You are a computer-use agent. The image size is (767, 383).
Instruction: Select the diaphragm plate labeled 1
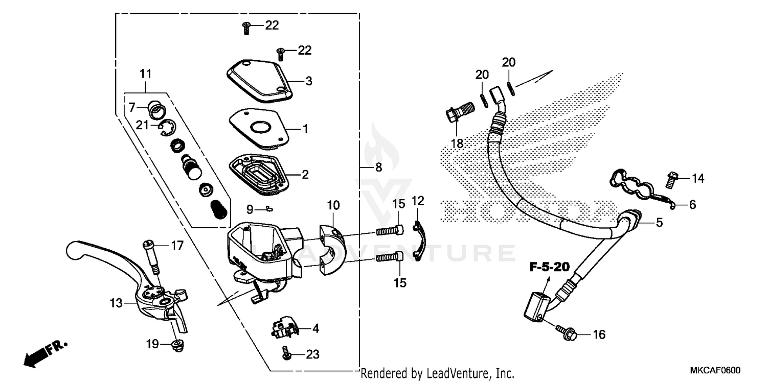(256, 127)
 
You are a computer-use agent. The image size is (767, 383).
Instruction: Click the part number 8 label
(378, 167)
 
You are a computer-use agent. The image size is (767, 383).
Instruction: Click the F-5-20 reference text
(550, 267)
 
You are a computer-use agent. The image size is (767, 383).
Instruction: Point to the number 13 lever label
(116, 303)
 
